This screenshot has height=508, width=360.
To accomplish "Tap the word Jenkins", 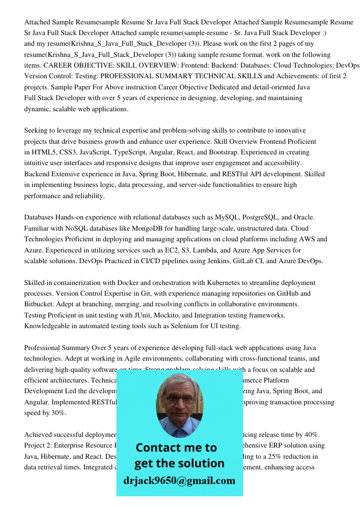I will click(206, 261).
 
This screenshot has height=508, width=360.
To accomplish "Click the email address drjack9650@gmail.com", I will click(179, 481).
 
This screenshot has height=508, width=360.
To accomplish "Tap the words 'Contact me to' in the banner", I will click(176, 448).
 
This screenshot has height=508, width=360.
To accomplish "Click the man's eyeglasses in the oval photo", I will click(179, 399).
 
